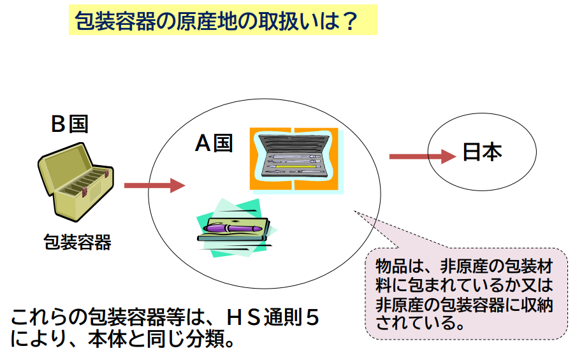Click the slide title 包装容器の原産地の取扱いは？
(216, 20)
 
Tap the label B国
(69, 124)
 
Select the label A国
(214, 143)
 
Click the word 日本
(482, 152)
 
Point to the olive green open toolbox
(76, 182)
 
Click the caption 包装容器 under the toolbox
(77, 242)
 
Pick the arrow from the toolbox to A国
(155, 185)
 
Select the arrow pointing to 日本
(423, 157)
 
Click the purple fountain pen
(233, 228)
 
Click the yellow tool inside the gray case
(296, 167)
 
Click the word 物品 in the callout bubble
(391, 266)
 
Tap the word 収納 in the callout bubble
(537, 305)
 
